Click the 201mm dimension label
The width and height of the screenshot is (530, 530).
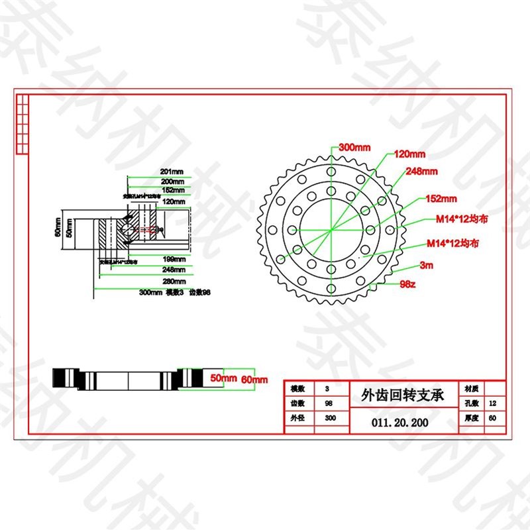(172, 172)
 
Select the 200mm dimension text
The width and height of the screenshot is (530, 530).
(172, 181)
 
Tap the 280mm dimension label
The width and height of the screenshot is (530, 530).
(172, 280)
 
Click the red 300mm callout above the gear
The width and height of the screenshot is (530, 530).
(354, 146)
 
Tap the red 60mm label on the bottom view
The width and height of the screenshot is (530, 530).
(254, 380)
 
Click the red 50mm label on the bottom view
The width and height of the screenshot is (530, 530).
(223, 378)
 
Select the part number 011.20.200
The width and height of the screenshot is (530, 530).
(400, 421)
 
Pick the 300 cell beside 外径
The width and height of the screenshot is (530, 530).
(330, 419)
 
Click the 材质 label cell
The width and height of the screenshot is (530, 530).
(472, 388)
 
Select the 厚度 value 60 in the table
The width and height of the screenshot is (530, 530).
(491, 419)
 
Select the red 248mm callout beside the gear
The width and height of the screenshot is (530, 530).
(422, 172)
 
